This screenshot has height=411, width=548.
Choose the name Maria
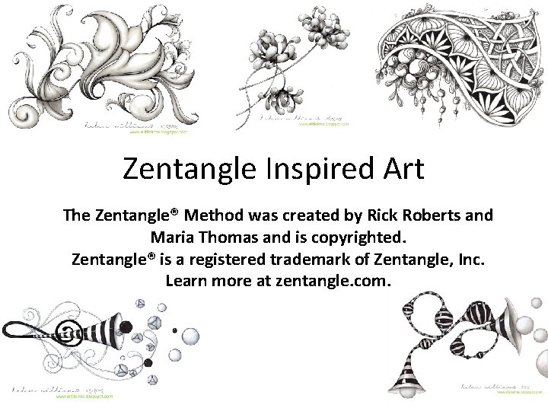click(x=176, y=237)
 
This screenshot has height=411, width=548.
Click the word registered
click(x=221, y=260)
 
